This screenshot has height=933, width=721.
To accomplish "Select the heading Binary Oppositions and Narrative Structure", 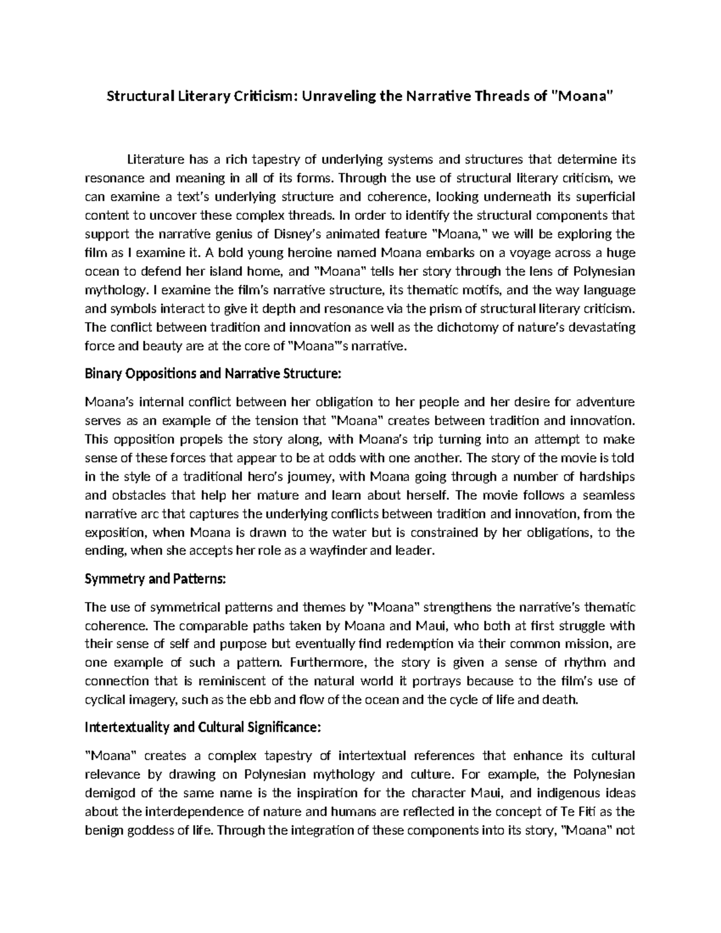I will click(x=213, y=374).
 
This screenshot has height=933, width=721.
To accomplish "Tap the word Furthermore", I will click(x=327, y=663).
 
